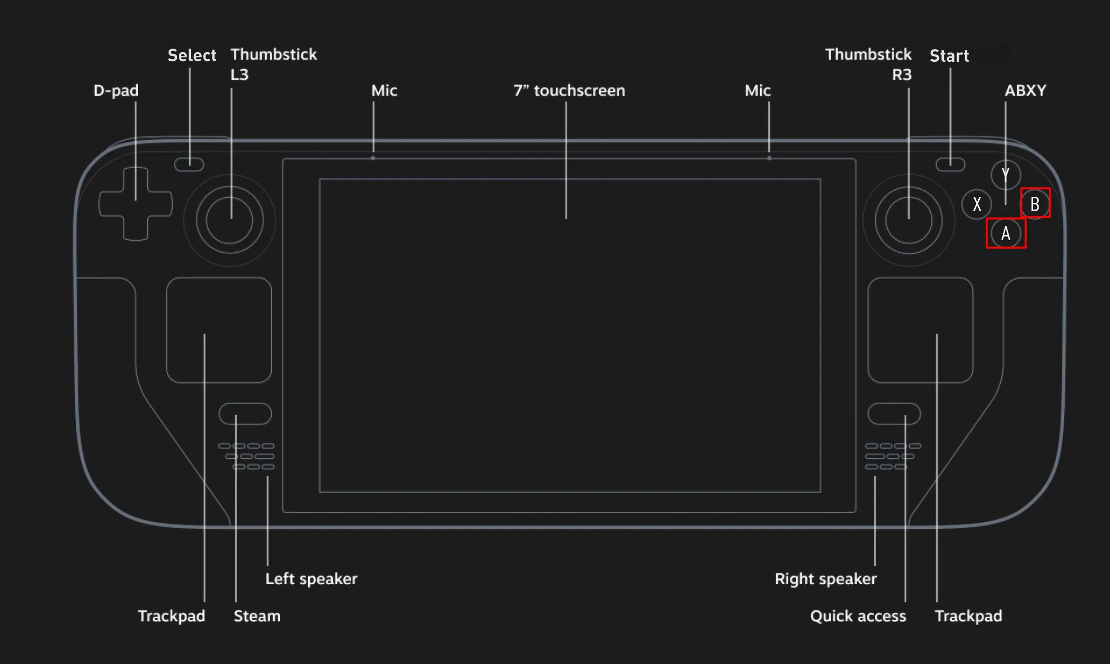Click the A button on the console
point(1006,233)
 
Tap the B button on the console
point(1035,204)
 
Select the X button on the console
point(976,204)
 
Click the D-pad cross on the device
point(135,204)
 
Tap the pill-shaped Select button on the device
point(189,164)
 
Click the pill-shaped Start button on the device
point(950,164)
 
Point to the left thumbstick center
point(229,220)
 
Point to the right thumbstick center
point(908,220)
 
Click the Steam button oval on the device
point(245,414)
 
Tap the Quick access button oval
point(894,414)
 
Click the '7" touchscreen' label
point(569,90)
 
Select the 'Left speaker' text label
point(311,578)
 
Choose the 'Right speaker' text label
point(825,578)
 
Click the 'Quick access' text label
point(858,616)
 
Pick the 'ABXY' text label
point(1025,90)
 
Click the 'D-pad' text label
point(116,90)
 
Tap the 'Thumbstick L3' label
point(273,64)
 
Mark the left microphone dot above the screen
point(373,158)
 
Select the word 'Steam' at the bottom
point(257,616)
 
